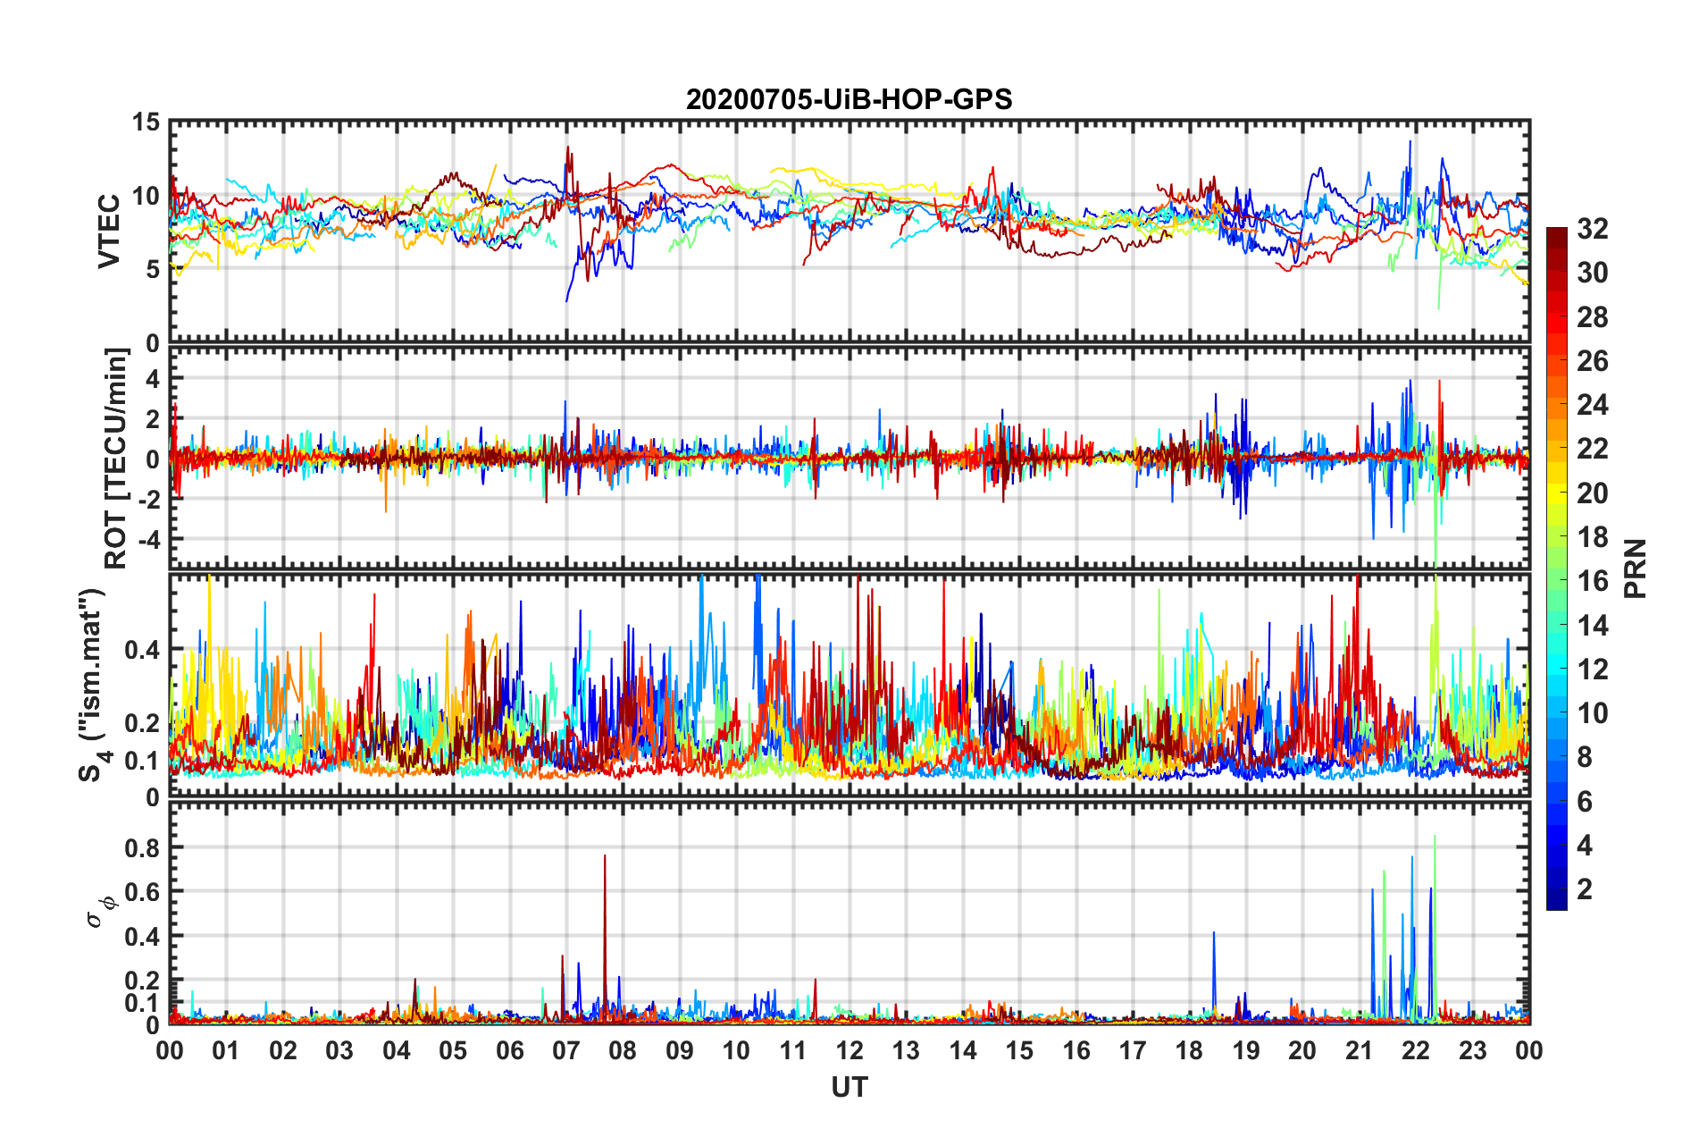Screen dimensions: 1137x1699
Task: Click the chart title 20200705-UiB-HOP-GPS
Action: (849, 99)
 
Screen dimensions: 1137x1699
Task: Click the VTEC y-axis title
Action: (109, 232)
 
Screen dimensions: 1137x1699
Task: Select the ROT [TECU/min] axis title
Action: (116, 459)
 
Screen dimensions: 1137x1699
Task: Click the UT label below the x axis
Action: (849, 1087)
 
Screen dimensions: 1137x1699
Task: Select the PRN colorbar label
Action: (1635, 568)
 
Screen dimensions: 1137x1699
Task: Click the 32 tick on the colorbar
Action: (1592, 230)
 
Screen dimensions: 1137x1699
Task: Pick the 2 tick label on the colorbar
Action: (1585, 889)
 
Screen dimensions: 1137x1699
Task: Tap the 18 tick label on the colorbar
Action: (1592, 537)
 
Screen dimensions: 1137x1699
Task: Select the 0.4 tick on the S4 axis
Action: (141, 650)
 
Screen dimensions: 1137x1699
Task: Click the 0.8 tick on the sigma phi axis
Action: (141, 847)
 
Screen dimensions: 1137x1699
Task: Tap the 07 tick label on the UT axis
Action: (566, 1050)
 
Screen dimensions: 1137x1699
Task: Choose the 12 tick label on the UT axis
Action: (849, 1050)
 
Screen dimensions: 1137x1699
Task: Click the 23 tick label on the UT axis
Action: (1473, 1050)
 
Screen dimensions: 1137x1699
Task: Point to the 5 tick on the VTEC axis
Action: (152, 270)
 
